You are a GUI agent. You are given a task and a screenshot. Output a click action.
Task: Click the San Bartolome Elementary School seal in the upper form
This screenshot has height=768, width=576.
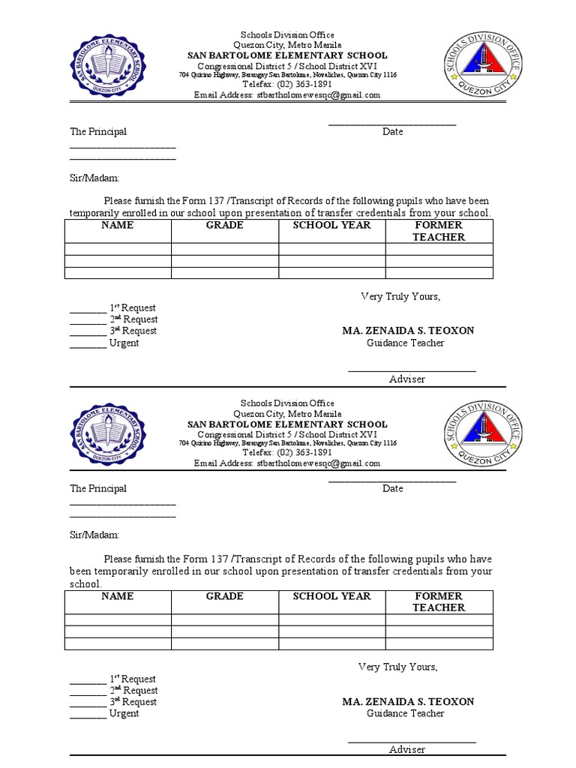108,65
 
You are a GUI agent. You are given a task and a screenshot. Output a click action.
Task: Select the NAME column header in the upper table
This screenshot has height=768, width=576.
118,225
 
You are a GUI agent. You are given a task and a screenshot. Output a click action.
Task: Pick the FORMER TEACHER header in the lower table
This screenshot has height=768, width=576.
439,601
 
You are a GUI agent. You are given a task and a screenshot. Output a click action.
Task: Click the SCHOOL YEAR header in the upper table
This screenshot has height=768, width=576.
331,225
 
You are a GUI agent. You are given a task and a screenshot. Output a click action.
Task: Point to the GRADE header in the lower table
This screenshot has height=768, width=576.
225,596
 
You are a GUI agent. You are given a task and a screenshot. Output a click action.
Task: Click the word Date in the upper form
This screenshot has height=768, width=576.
392,132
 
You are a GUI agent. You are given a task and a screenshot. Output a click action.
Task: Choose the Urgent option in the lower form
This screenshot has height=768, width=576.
124,714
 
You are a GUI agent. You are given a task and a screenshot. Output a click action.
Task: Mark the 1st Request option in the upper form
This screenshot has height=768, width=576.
133,308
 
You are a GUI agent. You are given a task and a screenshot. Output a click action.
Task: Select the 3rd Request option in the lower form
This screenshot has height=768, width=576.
133,702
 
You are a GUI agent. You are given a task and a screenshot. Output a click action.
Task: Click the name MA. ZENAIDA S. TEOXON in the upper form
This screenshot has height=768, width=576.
408,331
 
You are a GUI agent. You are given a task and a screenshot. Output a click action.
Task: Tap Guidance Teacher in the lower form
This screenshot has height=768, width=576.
405,714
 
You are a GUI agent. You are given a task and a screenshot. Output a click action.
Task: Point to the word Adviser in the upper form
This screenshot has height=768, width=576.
407,379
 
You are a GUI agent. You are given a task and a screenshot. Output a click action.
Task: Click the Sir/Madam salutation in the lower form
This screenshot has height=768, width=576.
94,535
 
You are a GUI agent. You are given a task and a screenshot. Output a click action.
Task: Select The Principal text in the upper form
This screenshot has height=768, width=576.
98,132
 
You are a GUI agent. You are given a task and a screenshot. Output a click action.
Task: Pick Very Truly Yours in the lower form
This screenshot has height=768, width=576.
397,667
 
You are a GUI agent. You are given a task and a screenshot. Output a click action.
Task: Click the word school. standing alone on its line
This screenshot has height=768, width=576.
85,584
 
